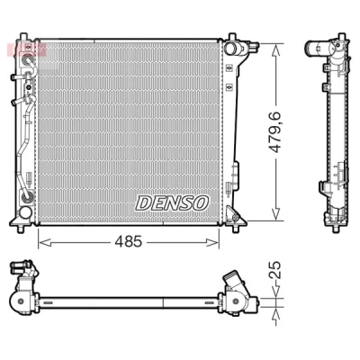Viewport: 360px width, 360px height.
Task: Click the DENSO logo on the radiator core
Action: (x=172, y=202)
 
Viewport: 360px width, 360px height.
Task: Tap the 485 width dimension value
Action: (x=128, y=242)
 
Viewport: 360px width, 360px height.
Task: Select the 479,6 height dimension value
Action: (x=274, y=132)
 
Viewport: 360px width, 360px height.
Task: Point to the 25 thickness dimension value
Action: (x=274, y=270)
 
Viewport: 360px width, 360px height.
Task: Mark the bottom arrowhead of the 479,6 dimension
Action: (x=275, y=214)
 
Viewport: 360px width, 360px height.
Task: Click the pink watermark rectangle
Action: (x=26, y=49)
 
